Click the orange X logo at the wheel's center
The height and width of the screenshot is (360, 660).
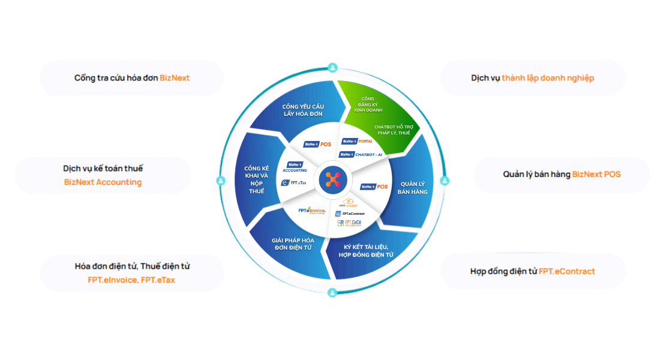332,179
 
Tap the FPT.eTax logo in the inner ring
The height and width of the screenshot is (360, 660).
294,182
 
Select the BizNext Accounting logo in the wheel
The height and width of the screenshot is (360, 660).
295,167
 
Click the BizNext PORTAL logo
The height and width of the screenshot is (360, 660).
357,142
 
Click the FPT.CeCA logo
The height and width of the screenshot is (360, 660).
349,223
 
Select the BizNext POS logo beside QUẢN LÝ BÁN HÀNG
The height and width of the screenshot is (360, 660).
373,187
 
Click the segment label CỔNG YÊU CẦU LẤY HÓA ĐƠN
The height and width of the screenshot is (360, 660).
303,110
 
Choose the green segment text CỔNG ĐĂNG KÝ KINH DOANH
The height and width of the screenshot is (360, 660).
368,104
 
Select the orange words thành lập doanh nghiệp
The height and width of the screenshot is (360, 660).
548,78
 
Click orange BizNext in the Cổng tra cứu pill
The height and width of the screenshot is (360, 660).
175,78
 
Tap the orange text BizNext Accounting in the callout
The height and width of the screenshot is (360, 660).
103,182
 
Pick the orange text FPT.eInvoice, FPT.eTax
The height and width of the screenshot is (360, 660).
131,280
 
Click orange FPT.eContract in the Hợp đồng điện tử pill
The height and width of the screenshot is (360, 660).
566,271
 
